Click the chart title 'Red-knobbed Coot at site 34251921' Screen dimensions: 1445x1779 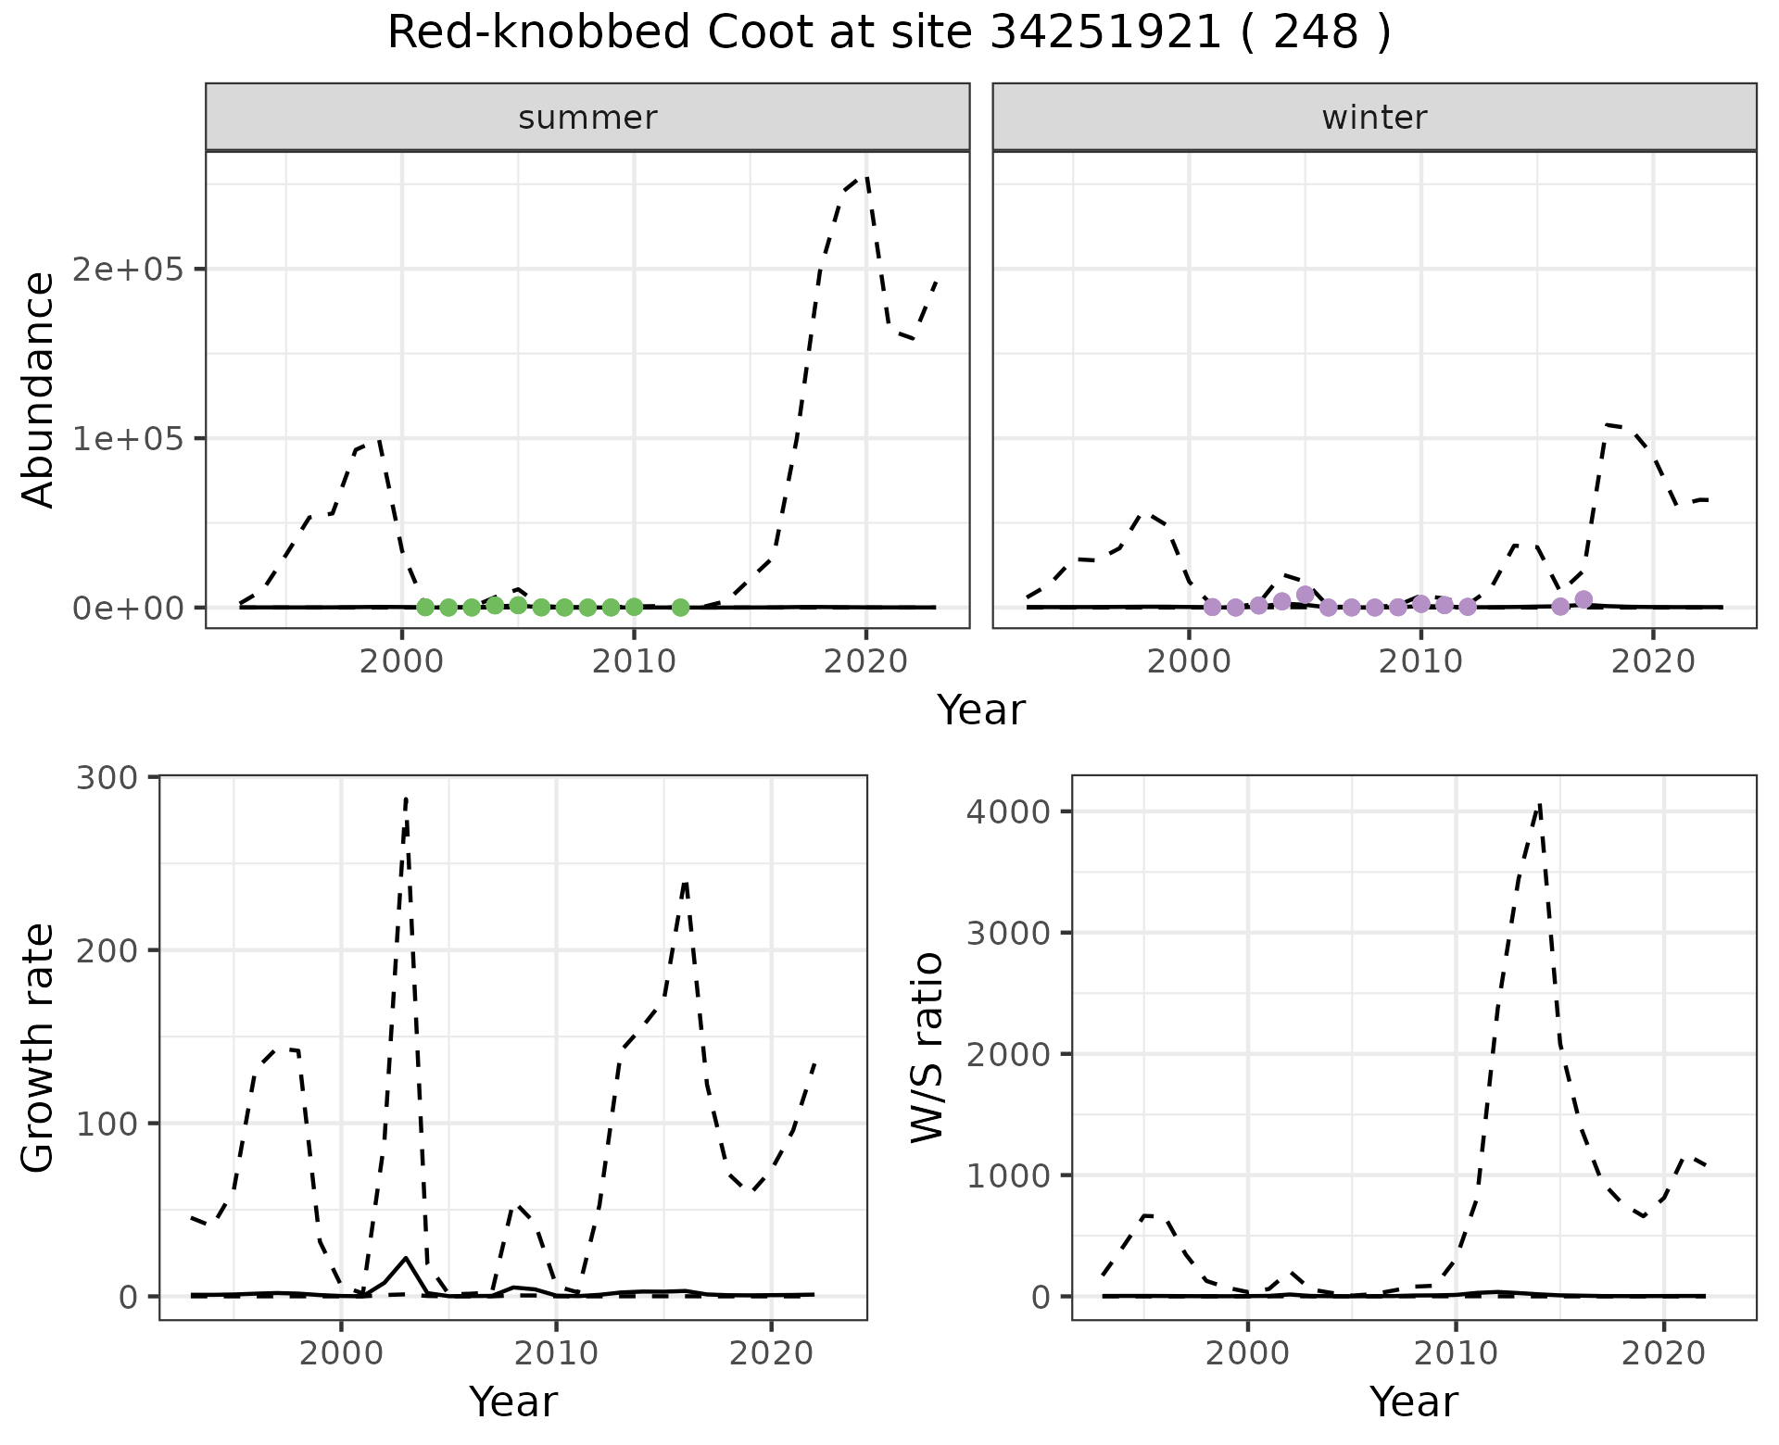click(x=888, y=34)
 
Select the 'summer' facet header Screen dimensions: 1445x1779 click(x=587, y=118)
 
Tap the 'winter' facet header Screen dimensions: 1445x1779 click(x=1374, y=118)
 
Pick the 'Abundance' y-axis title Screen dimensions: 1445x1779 click(x=38, y=390)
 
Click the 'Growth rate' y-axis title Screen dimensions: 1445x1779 click(x=38, y=1048)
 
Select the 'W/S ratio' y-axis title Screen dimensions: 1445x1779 click(x=927, y=1048)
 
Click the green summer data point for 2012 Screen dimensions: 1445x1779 click(x=680, y=608)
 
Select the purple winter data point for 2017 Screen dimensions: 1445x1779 click(x=1583, y=599)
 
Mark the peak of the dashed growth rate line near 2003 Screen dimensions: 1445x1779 click(x=406, y=798)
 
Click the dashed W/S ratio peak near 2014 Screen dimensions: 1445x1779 click(x=1539, y=806)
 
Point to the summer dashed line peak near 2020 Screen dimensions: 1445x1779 click(x=865, y=177)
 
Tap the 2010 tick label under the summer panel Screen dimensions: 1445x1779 click(x=634, y=662)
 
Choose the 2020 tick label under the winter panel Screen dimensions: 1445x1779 click(x=1653, y=662)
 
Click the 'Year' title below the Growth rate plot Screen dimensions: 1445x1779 click(x=513, y=1401)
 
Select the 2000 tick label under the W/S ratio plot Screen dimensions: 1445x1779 click(x=1247, y=1353)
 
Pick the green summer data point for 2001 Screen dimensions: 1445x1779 click(x=425, y=608)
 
